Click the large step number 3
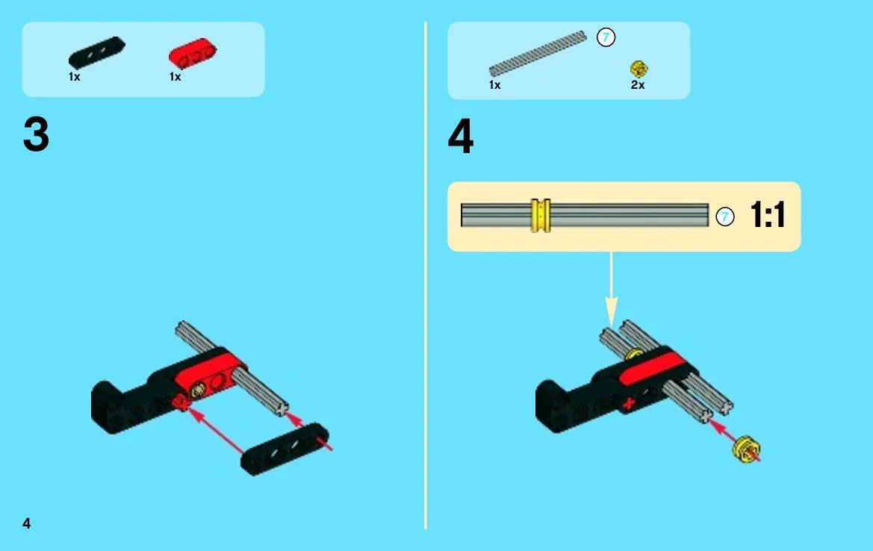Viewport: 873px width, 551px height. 36,134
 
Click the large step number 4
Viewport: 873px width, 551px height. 461,136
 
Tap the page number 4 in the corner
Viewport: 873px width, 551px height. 26,523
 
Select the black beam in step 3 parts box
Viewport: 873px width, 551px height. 97,52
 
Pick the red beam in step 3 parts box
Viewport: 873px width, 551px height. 193,53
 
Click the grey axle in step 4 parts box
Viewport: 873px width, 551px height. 538,54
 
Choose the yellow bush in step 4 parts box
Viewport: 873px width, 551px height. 639,69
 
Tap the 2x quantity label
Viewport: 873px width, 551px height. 638,85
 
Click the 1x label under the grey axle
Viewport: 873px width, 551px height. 494,85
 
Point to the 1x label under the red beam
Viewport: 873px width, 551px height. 175,77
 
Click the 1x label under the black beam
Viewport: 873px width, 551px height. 74,77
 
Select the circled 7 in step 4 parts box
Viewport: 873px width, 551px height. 606,38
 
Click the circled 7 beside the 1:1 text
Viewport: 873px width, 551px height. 725,217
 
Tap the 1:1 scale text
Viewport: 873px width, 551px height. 768,214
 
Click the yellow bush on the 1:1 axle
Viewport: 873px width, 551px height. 541,215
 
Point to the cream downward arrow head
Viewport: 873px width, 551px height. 612,311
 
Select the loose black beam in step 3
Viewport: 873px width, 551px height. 285,449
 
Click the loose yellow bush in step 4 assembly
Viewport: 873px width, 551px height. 747,449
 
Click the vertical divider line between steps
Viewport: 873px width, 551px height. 426,275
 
